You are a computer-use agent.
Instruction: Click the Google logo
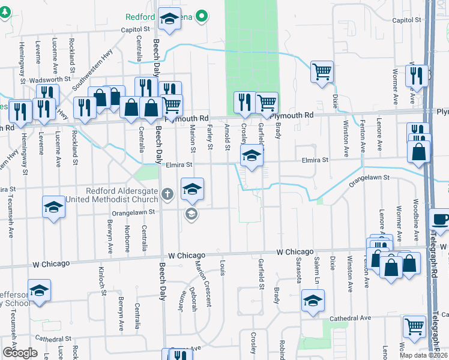coord(20,353)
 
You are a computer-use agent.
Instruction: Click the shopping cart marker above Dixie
coord(322,72)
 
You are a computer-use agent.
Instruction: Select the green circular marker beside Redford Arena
coord(202,17)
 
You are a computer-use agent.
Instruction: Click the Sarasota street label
coord(298,269)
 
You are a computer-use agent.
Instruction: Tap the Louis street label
coord(222,268)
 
